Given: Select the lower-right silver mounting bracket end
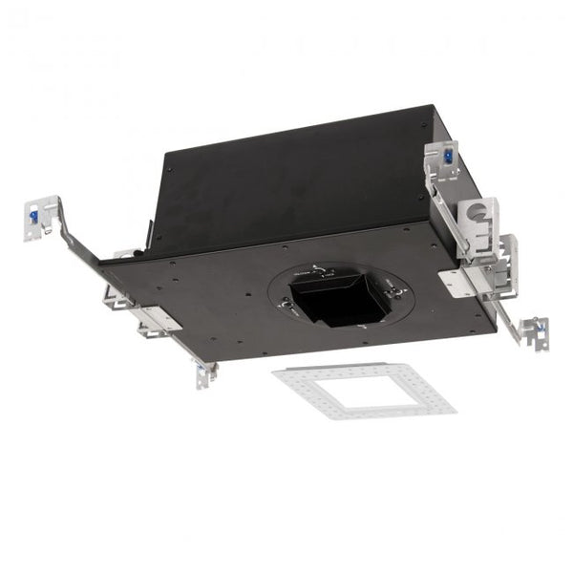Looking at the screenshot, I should click(x=533, y=329).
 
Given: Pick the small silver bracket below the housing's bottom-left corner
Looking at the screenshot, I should click(x=204, y=374).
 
